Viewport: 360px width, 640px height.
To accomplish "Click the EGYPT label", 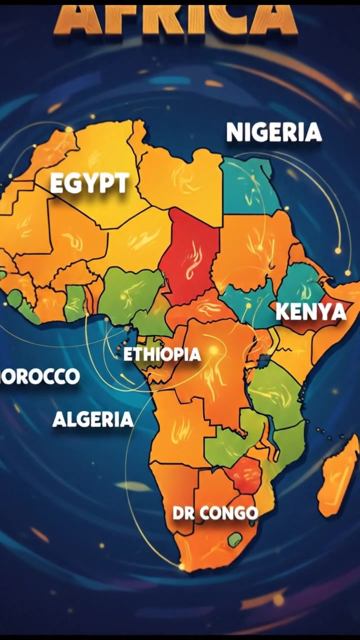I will click(89, 183).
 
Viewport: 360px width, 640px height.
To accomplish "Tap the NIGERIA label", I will click(273, 132).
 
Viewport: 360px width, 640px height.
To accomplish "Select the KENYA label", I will click(310, 312).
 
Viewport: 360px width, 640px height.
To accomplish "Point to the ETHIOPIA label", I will click(162, 354).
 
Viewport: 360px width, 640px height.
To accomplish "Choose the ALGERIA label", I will click(93, 419).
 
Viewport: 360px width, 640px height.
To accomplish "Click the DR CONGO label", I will click(215, 513).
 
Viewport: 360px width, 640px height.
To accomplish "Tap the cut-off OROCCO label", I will click(40, 376).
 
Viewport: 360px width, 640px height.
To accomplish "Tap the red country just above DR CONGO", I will click(243, 475).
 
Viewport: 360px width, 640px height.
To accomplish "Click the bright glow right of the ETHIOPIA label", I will click(214, 351).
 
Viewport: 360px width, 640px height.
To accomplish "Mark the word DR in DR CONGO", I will click(183, 513).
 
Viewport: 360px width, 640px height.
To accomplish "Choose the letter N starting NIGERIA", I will click(234, 132).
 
